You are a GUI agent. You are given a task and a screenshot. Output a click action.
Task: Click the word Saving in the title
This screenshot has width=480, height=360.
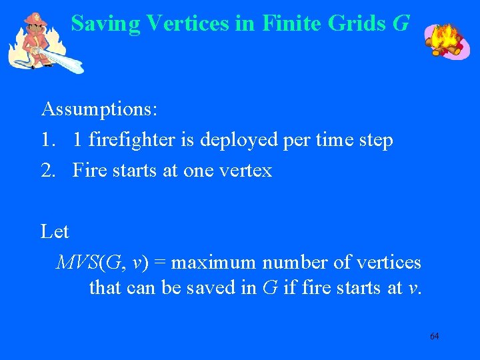pyautogui.click(x=105, y=23)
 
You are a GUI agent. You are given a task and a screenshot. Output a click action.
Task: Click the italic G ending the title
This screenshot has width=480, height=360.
pyautogui.click(x=400, y=23)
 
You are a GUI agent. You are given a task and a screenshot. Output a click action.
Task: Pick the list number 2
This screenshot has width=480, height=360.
pyautogui.click(x=46, y=171)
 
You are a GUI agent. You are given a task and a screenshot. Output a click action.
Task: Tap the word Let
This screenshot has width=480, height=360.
pyautogui.click(x=55, y=231)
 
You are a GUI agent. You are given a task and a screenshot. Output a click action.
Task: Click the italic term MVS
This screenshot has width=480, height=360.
pyautogui.click(x=77, y=263)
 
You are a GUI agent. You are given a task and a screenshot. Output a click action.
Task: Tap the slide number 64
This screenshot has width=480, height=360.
pyautogui.click(x=434, y=336)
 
